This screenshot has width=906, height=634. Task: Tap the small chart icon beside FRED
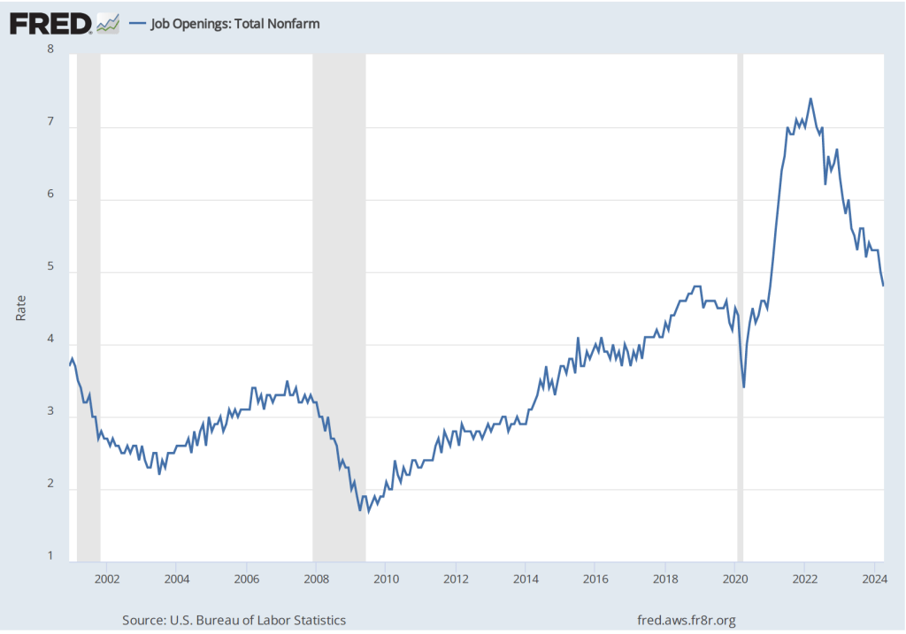[108, 24]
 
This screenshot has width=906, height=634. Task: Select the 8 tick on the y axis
[50, 50]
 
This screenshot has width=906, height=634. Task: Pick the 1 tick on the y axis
[50, 556]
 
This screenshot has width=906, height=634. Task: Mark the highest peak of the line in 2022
[810, 98]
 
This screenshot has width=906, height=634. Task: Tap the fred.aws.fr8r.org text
[686, 621]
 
